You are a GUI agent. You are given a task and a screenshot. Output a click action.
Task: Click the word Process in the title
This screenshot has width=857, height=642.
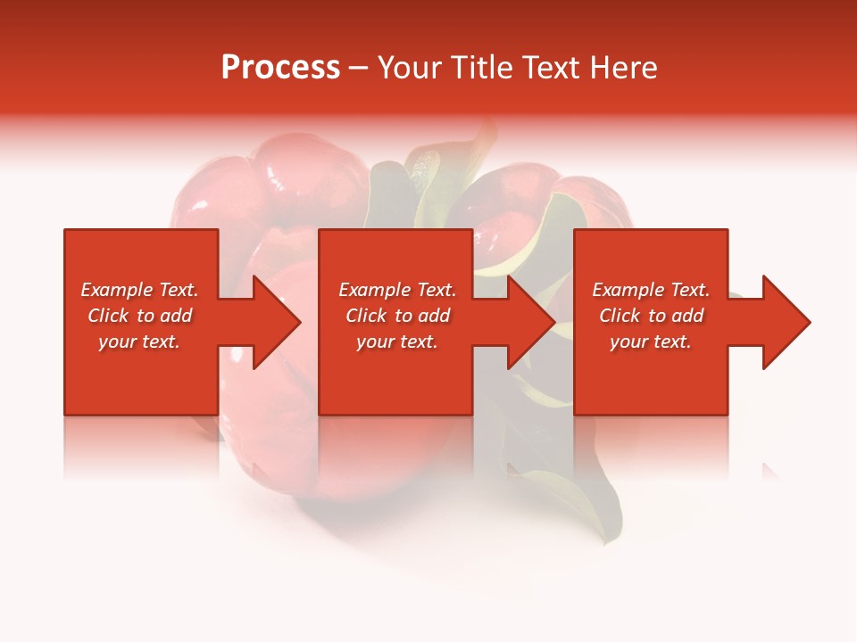(280, 68)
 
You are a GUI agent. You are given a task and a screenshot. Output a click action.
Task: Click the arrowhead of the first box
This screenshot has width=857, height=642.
(277, 322)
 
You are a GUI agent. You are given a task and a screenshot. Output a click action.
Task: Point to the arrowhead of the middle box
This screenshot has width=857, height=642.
(531, 322)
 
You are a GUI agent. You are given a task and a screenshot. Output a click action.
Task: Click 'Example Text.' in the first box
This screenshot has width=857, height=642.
(139, 290)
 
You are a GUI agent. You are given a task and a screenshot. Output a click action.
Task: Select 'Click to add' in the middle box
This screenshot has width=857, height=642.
(397, 316)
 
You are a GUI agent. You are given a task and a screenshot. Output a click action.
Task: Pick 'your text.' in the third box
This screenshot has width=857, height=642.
(651, 342)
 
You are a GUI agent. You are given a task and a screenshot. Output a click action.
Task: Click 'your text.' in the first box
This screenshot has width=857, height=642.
(139, 342)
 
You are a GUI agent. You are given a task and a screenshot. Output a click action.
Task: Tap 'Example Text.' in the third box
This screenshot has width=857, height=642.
(651, 290)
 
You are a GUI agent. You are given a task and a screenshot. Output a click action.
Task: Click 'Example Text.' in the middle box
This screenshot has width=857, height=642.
(397, 290)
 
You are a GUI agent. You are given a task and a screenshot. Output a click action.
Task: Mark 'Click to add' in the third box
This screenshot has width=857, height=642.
(651, 316)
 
